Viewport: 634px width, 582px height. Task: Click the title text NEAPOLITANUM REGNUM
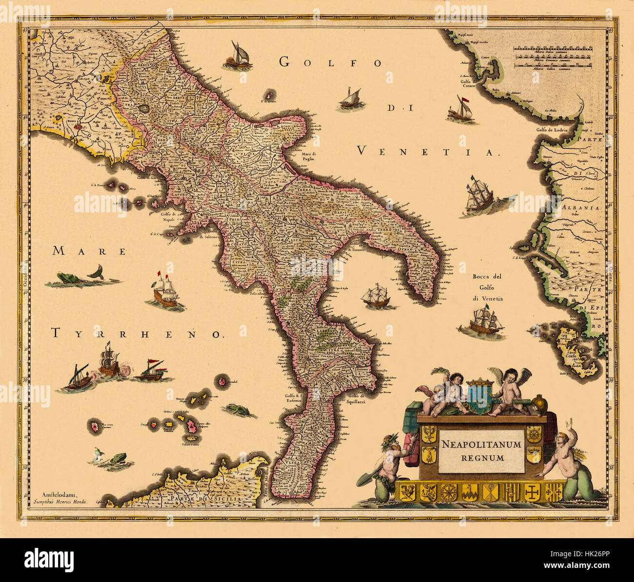[481, 451]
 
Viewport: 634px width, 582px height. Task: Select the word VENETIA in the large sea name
[428, 151]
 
